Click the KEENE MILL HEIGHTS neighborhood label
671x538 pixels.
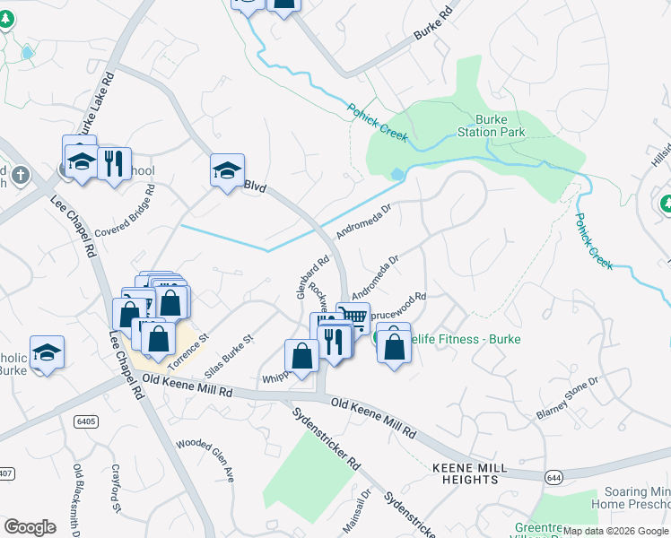pyautogui.click(x=469, y=473)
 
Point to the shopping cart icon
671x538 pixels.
pyautogui.click(x=353, y=317)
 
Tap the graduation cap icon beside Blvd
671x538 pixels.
pyautogui.click(x=227, y=169)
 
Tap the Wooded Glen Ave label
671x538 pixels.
pyautogui.click(x=205, y=460)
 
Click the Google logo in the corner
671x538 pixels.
pyautogui.click(x=30, y=526)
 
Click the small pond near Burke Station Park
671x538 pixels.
pyautogui.click(x=397, y=174)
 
